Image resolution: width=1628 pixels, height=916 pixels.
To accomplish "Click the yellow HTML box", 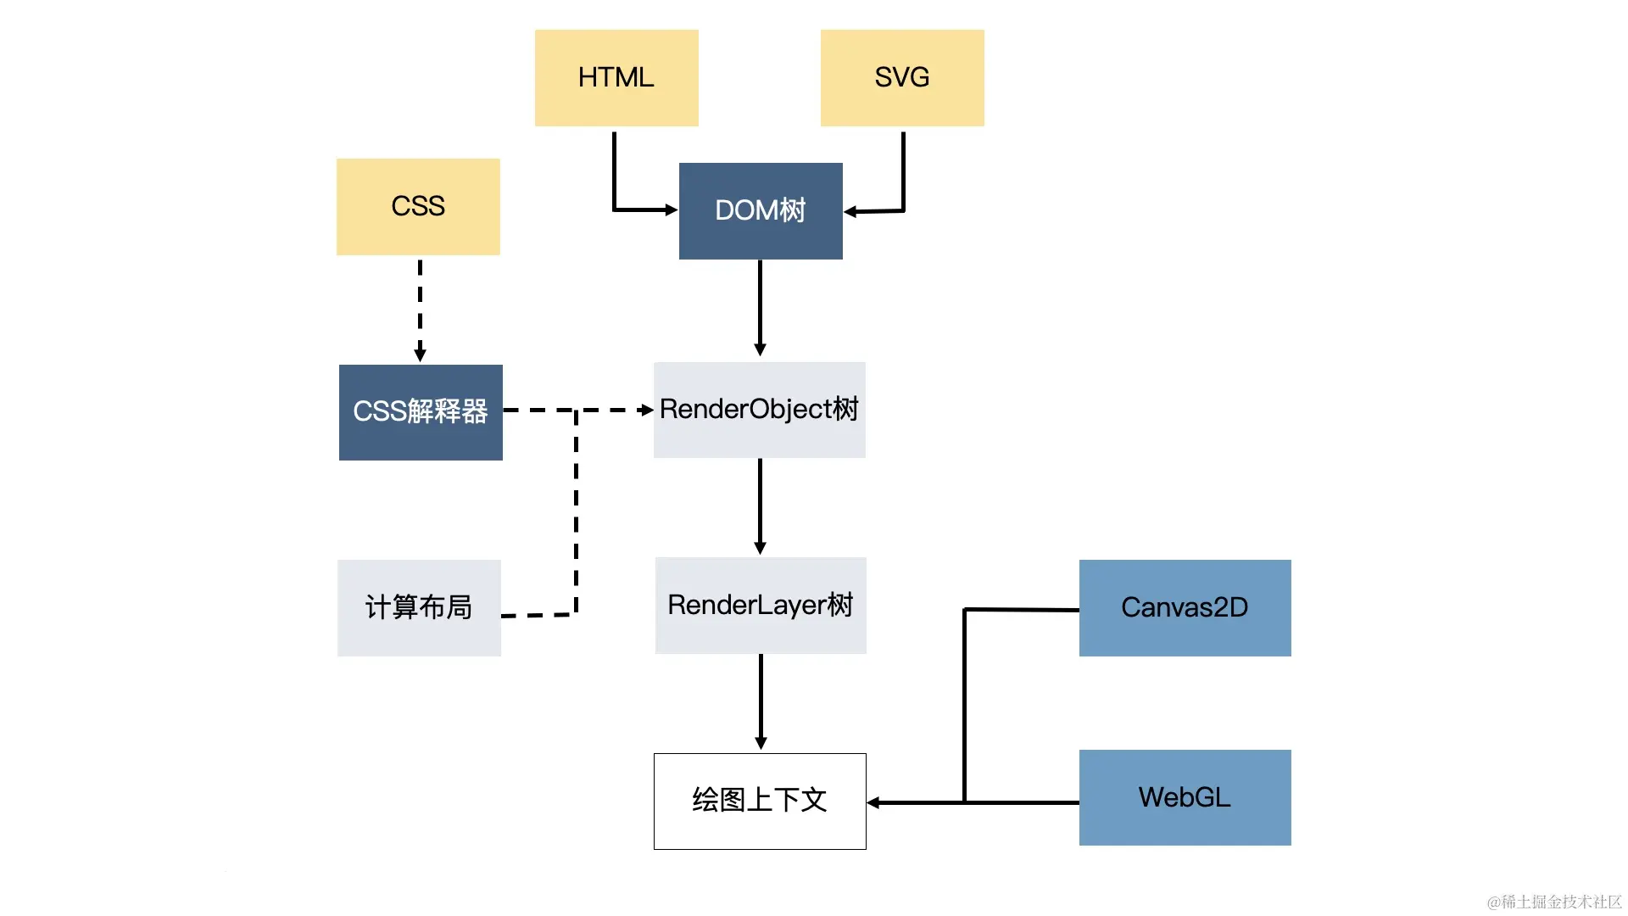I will coord(616,78).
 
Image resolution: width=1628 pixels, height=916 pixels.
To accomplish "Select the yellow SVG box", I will coord(902,78).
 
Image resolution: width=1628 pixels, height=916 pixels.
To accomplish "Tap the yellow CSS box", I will coord(418,206).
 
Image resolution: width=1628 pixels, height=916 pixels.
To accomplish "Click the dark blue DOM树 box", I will coord(761,210).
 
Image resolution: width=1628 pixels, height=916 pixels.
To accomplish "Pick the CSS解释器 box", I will coord(421,412).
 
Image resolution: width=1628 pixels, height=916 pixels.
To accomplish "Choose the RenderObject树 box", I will coord(760,410).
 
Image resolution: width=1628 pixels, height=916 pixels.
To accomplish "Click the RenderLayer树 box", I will coord(761,605).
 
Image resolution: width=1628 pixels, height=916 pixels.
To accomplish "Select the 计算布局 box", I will coord(419,607).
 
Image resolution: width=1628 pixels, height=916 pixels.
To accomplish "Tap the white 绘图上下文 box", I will coord(760,801).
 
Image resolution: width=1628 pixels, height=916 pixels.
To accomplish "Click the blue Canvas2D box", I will coord(1185,607).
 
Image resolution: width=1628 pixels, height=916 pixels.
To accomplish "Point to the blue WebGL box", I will coord(1185,797).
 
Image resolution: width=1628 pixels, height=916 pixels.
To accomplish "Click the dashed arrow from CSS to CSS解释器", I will coord(420,310).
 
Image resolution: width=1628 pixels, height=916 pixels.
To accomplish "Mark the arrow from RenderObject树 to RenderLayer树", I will coord(760,505).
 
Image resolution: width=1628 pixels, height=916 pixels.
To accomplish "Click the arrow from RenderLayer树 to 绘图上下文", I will coord(761,700).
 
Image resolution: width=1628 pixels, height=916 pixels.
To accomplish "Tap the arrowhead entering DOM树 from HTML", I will coord(672,209).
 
